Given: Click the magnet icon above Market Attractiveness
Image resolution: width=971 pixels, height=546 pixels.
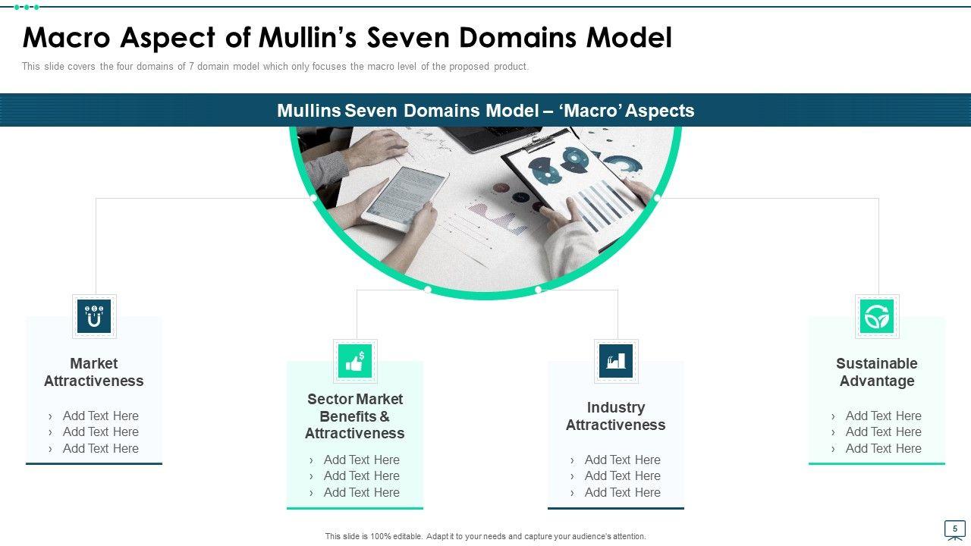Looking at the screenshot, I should tap(94, 316).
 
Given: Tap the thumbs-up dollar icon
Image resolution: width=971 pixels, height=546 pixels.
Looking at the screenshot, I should tap(355, 361).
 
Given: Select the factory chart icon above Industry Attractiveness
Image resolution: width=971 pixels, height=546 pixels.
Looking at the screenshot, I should tap(615, 361).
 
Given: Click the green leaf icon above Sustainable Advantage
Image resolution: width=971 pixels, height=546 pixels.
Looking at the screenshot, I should tap(877, 316).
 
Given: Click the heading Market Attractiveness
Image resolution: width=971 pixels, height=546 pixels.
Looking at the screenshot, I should tap(94, 372).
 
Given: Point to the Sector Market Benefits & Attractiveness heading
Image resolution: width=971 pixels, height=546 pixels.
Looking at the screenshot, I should tap(355, 416).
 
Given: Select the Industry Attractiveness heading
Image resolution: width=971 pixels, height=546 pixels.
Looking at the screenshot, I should tap(615, 416).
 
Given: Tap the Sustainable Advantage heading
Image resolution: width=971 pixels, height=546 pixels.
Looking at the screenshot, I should tap(877, 372).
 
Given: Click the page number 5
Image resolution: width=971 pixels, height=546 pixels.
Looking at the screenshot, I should tap(954, 529).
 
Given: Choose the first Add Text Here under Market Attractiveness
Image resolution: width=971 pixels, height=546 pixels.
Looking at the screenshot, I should tap(100, 416).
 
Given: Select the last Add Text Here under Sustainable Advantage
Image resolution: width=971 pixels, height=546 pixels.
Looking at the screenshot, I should tap(883, 448).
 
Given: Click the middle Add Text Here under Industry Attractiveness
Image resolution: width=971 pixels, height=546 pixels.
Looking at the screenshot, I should tap(622, 475).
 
